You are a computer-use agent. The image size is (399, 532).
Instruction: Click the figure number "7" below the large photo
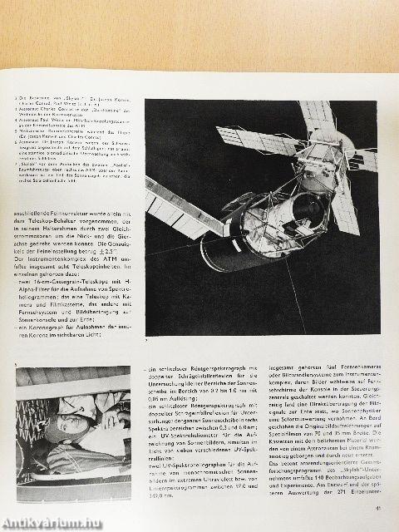(148, 340)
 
